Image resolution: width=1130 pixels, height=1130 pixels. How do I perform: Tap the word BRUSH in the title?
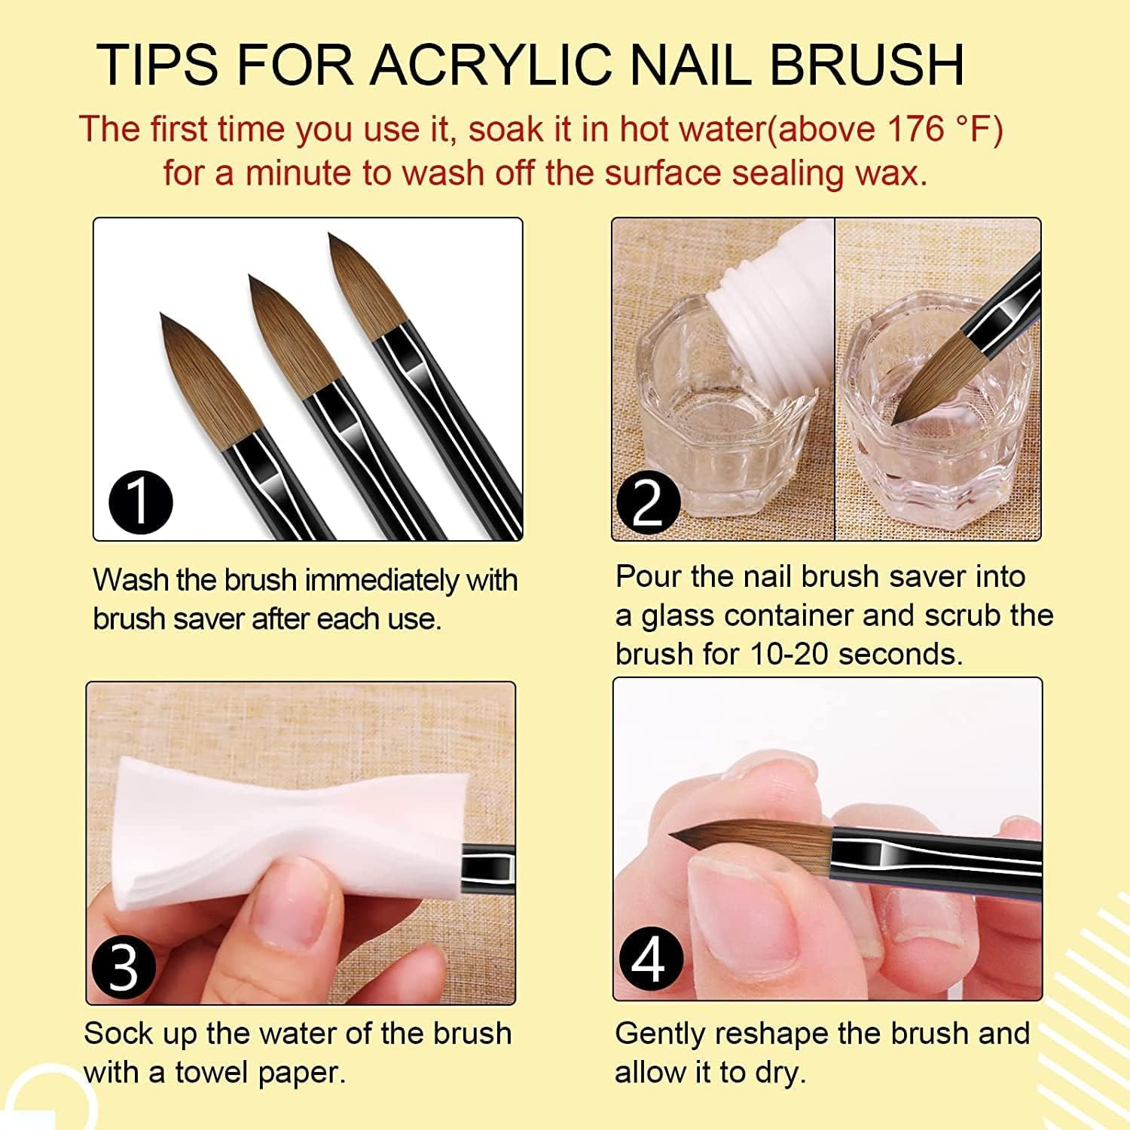[x=866, y=65]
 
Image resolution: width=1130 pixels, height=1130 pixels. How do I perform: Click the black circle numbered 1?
[x=141, y=502]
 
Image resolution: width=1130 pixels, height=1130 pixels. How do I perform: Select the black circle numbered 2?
[x=648, y=502]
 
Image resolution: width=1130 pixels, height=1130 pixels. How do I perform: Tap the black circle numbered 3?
[x=123, y=967]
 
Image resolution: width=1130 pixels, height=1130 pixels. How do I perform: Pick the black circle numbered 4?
[x=650, y=960]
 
